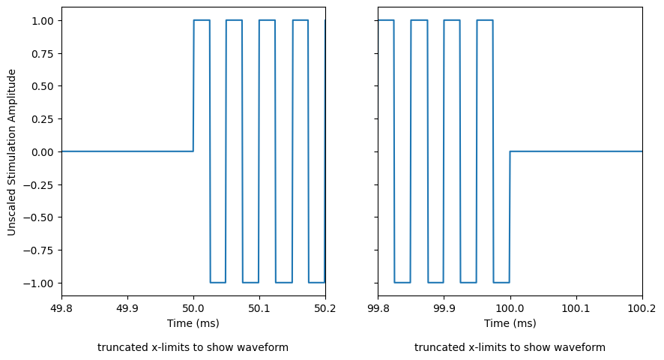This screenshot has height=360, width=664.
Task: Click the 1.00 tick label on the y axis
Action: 43,20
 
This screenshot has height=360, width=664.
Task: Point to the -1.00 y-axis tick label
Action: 40,283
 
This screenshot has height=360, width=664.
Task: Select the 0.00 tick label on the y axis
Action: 43,151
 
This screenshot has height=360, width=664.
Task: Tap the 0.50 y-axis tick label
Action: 43,86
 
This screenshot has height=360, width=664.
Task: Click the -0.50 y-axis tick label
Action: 40,217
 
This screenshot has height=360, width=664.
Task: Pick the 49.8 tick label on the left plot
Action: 61,308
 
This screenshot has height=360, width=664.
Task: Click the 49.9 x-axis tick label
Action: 127,308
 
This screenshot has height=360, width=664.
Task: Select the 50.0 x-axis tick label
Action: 193,308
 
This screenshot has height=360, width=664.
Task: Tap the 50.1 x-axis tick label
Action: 259,308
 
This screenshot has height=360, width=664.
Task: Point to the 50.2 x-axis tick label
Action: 325,308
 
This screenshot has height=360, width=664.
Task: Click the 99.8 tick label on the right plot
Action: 378,308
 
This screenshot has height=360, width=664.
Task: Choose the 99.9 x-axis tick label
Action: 444,308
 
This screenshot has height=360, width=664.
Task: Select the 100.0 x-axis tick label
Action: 510,308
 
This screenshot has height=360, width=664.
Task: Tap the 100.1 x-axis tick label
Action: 576,308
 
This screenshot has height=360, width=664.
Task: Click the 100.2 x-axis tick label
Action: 642,308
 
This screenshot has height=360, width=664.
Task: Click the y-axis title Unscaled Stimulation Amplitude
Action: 12,151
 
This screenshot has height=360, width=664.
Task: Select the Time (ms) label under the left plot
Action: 193,323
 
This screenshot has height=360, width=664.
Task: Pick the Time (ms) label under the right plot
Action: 510,323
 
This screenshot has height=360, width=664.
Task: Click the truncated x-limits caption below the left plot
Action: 193,347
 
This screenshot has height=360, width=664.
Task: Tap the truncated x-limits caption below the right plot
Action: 510,347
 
